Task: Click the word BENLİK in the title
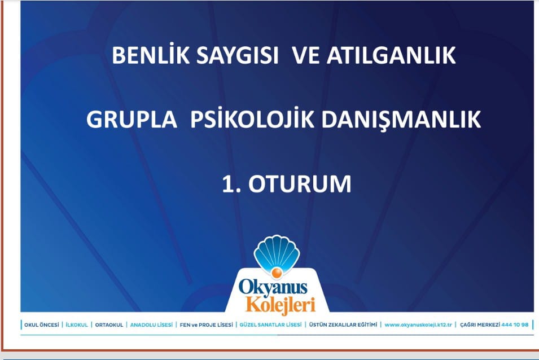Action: point(151,55)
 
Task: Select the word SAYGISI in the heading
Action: point(237,55)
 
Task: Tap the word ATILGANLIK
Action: point(391,55)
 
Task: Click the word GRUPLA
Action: point(132,119)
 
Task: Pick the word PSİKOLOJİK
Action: point(252,118)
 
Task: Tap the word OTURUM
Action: point(300,184)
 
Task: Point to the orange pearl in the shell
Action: point(277,273)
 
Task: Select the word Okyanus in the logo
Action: point(273,287)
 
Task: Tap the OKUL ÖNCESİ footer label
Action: point(42,324)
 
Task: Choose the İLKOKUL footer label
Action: point(77,324)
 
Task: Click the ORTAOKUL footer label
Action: point(109,324)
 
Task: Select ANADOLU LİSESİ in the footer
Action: point(151,324)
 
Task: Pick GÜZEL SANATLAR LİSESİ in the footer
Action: point(270,324)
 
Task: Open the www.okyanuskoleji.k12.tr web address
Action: point(418,324)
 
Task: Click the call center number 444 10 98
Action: point(515,324)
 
